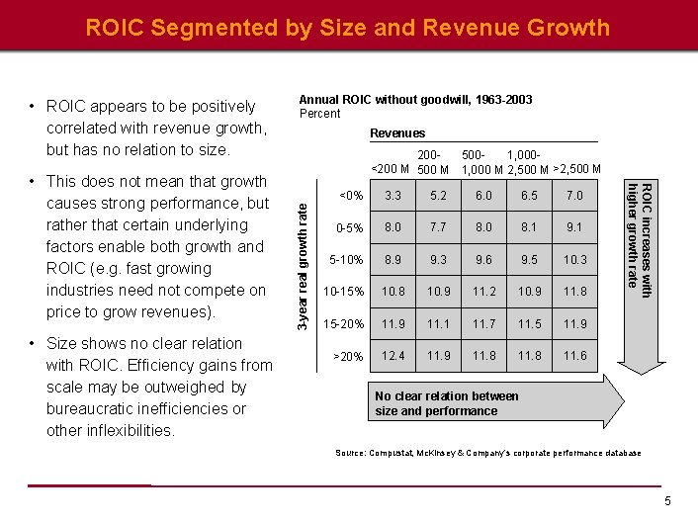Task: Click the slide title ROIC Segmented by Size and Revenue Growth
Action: point(348,27)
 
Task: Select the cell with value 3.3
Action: point(393,196)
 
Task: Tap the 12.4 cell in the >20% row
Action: point(393,355)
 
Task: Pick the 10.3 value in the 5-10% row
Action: point(574,260)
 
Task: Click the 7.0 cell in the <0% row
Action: point(574,196)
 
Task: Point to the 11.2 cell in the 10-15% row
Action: point(483,292)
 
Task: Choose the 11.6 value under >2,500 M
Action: point(574,355)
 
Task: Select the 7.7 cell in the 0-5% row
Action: point(438,227)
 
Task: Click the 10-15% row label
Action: point(343,292)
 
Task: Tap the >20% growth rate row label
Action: point(348,355)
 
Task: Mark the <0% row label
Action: point(350,196)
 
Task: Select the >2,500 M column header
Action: point(577,169)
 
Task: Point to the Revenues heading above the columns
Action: point(397,132)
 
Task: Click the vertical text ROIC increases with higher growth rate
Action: point(641,236)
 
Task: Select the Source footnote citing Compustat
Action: point(488,453)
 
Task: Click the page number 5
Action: point(668,501)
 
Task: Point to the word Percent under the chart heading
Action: point(319,114)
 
